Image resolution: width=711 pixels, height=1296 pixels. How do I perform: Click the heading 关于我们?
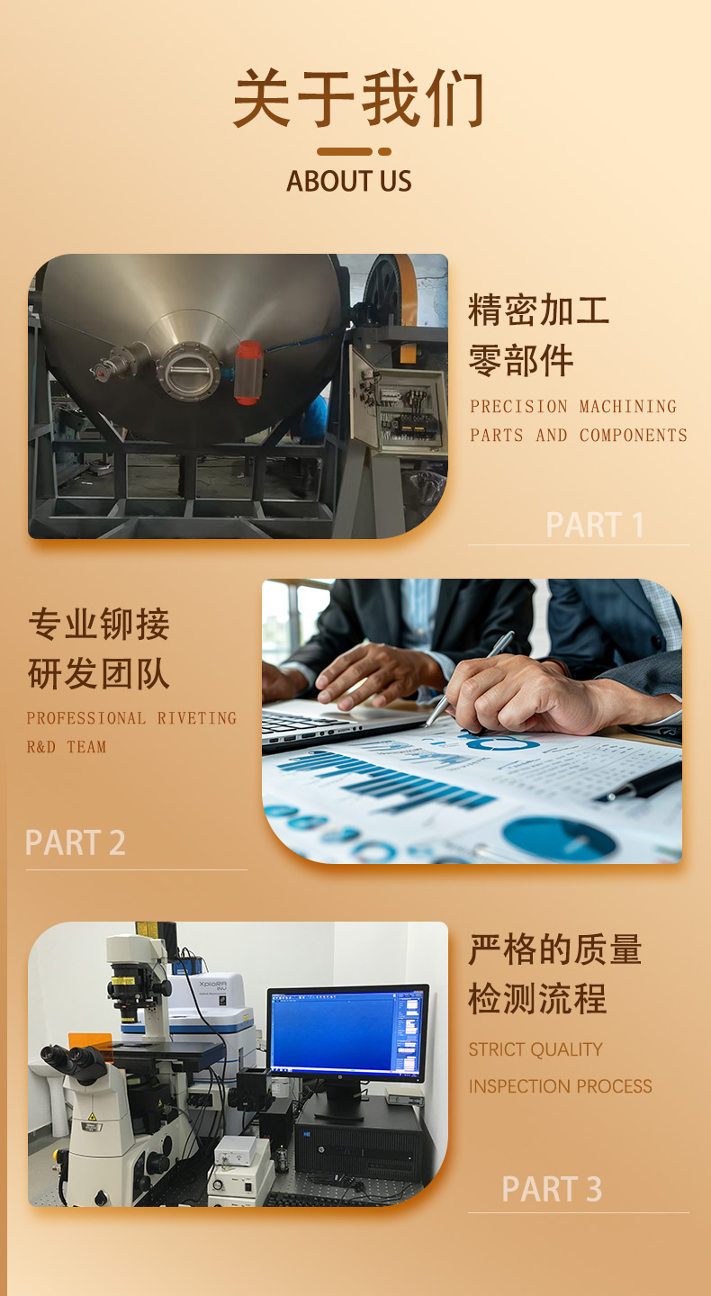[358, 98]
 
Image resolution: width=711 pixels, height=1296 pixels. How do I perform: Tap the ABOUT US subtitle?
[349, 181]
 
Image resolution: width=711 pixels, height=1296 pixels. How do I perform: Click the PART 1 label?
[595, 525]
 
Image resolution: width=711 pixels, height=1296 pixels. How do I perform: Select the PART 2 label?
[76, 841]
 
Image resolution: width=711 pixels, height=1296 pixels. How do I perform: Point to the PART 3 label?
[552, 1189]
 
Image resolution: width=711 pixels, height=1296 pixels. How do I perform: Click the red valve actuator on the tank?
[248, 372]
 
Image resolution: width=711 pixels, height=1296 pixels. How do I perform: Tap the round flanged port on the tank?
[189, 371]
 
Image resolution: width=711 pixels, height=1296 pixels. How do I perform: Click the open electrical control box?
[400, 400]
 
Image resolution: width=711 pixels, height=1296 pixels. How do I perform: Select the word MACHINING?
[627, 407]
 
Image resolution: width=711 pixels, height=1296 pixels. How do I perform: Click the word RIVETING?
[197, 718]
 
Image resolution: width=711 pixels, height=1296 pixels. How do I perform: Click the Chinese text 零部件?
[521, 360]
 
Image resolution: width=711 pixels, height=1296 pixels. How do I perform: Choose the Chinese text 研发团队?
[98, 674]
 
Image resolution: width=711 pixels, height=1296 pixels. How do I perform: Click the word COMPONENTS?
[633, 435]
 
